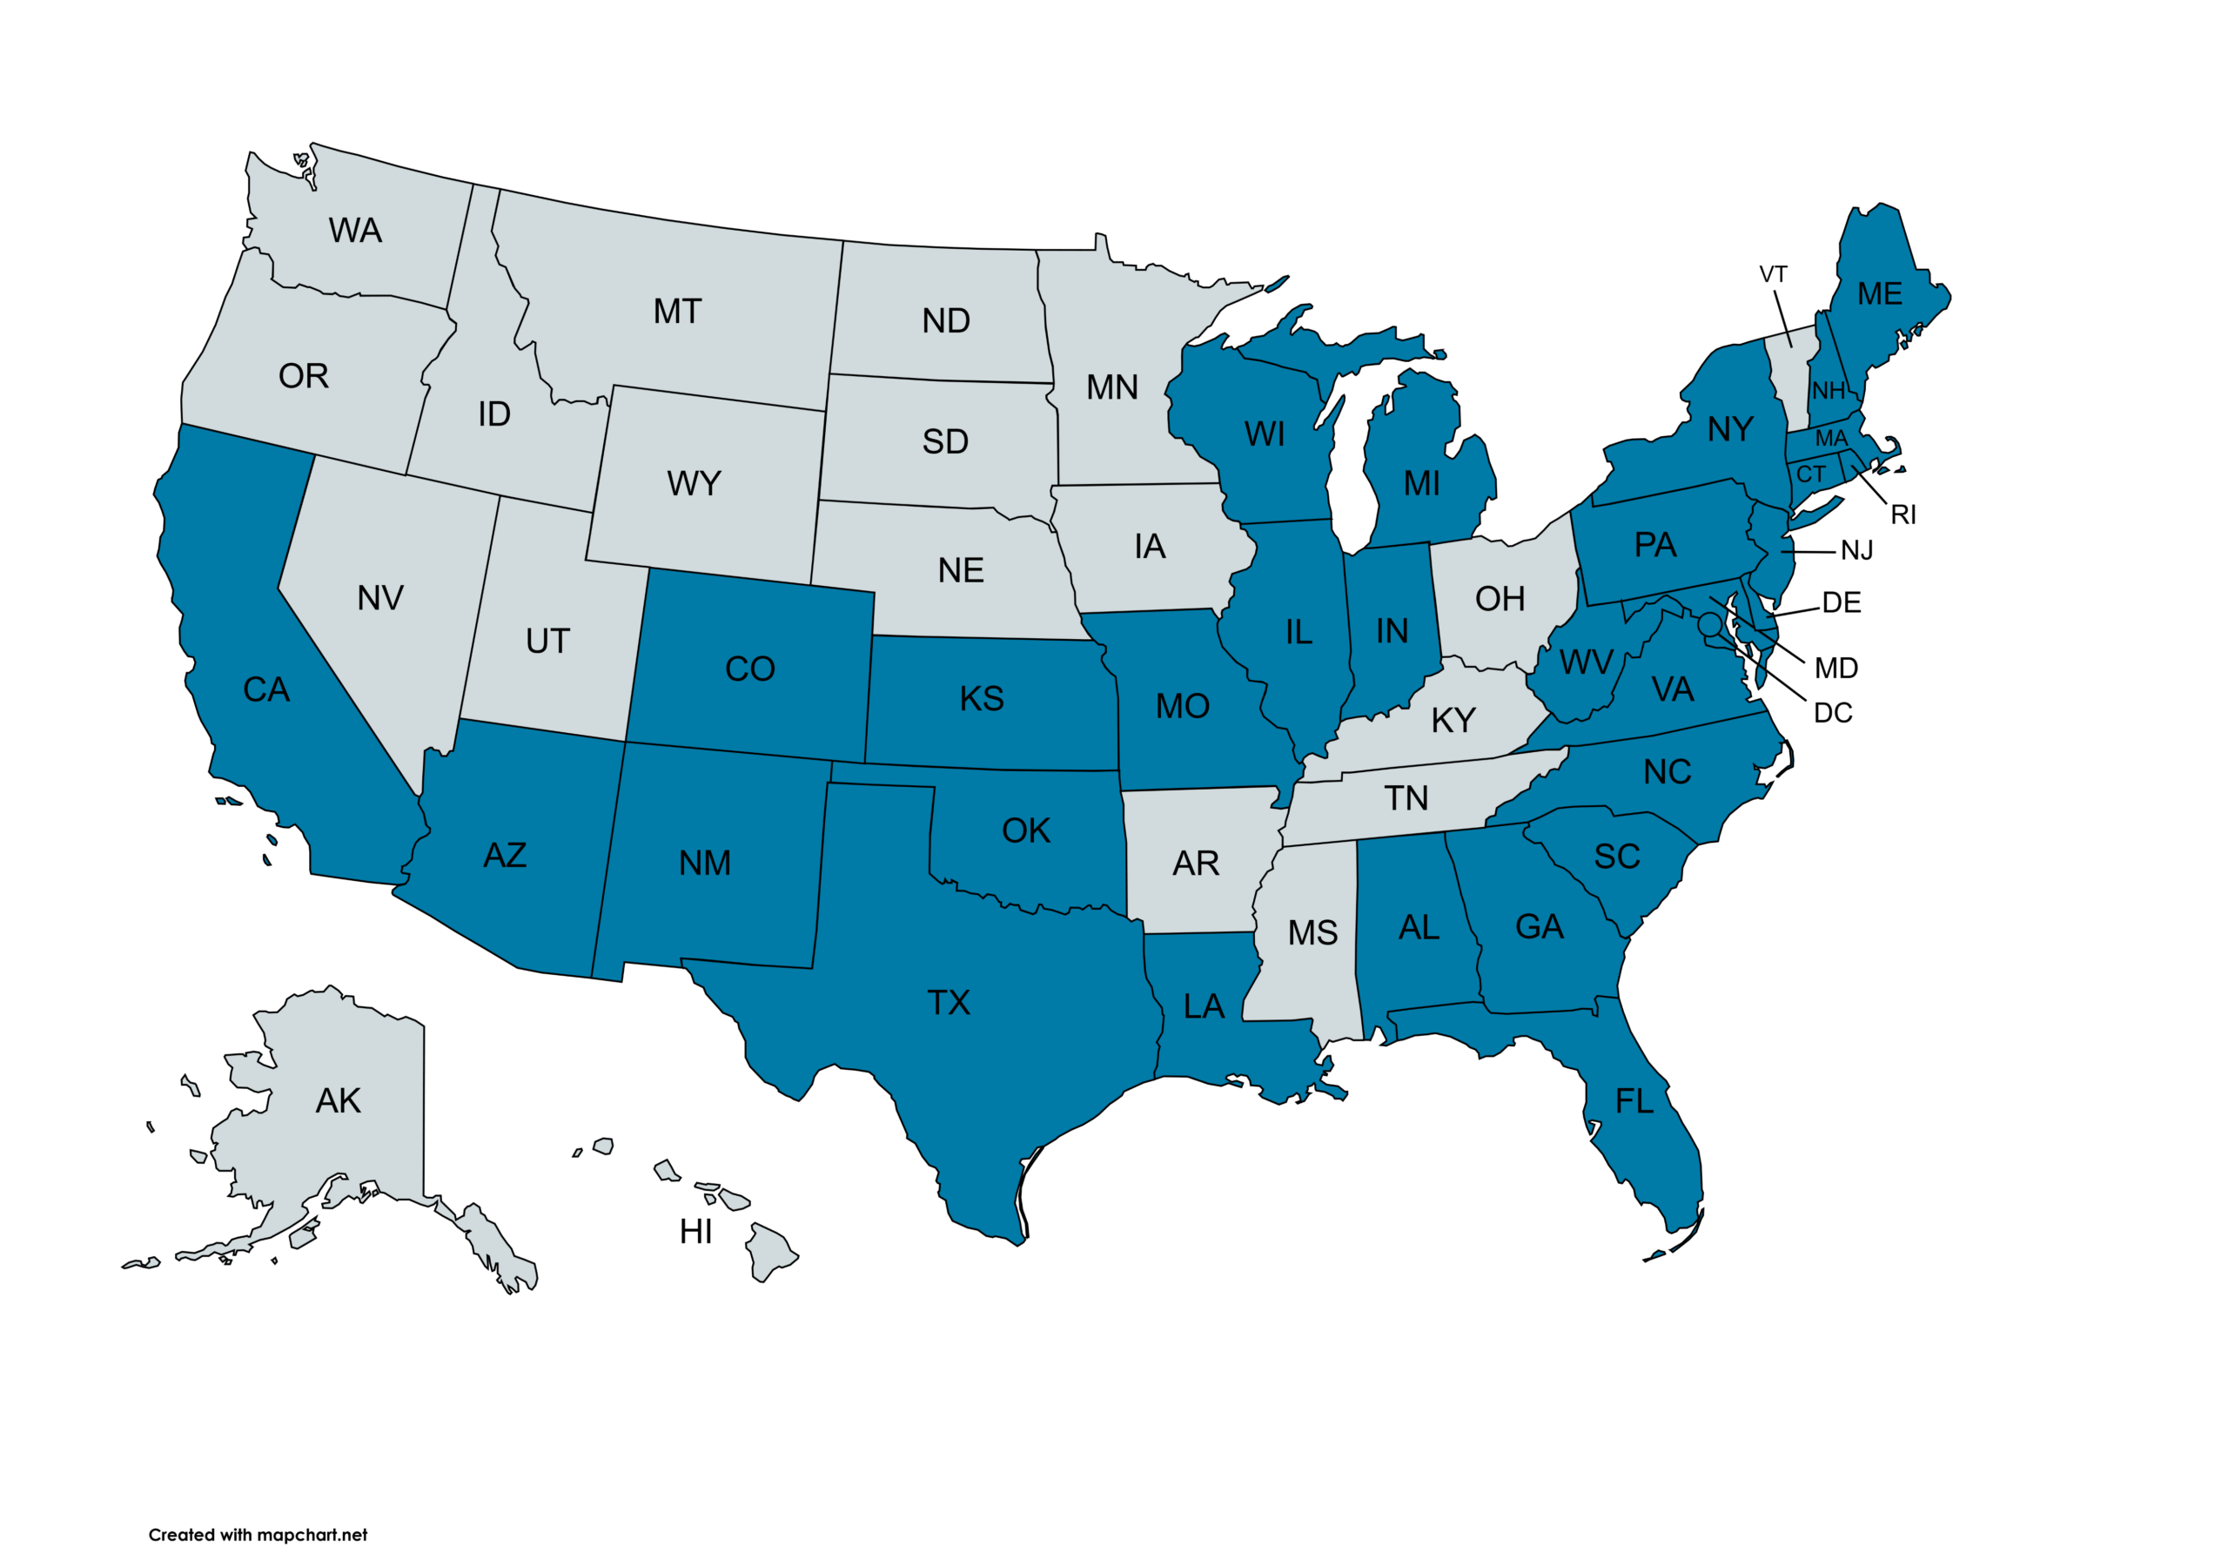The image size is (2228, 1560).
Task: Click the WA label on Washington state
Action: click(x=355, y=231)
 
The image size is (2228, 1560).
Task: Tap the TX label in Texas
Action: click(x=948, y=1003)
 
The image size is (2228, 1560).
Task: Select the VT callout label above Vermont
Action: click(x=1773, y=275)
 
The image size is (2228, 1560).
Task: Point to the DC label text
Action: click(x=1833, y=714)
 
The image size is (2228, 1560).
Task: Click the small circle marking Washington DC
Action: click(x=1710, y=623)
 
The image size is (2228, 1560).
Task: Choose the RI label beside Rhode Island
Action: click(x=1903, y=515)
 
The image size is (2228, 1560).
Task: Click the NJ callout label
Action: click(x=1856, y=551)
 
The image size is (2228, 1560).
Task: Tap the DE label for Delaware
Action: click(x=1841, y=602)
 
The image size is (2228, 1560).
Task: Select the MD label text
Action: click(x=1836, y=669)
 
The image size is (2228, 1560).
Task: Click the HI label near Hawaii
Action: click(x=695, y=1232)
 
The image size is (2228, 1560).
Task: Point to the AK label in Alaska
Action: click(x=338, y=1101)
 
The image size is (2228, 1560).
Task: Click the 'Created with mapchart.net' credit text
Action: click(x=258, y=1535)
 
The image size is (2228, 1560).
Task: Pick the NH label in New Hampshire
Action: click(x=1829, y=391)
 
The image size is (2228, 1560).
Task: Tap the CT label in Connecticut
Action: click(x=1811, y=474)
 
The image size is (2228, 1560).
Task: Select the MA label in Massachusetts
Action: click(x=1831, y=439)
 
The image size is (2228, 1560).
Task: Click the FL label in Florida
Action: click(x=1634, y=1102)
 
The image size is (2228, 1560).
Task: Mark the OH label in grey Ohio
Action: click(x=1500, y=599)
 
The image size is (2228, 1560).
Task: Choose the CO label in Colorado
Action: click(x=750, y=669)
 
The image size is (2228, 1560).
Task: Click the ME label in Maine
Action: click(x=1880, y=294)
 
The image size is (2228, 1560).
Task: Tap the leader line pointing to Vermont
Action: click(x=1783, y=319)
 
